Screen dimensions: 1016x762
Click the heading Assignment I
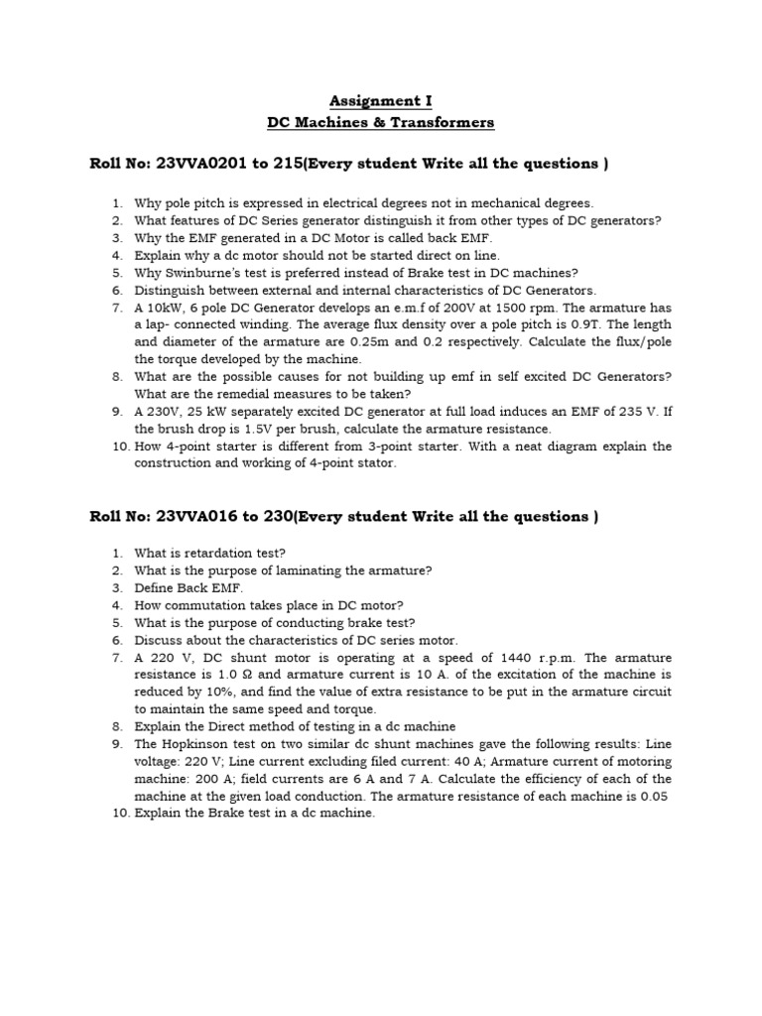381,101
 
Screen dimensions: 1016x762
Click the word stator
374,463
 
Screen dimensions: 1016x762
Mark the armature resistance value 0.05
657,796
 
